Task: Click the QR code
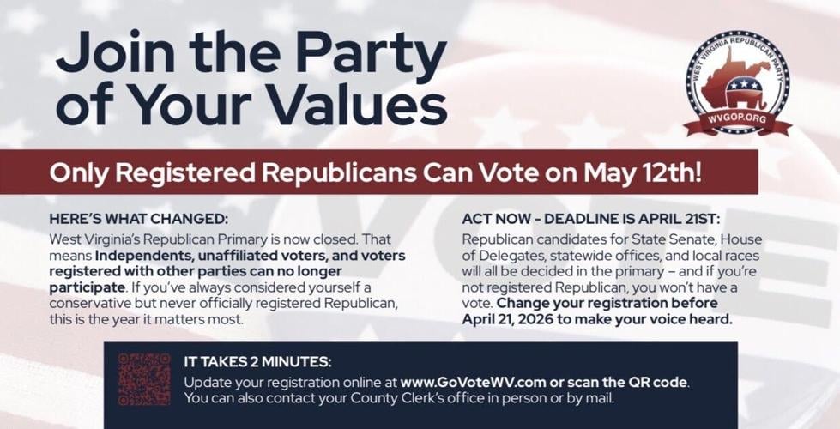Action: click(144, 378)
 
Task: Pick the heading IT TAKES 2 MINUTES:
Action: click(257, 362)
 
